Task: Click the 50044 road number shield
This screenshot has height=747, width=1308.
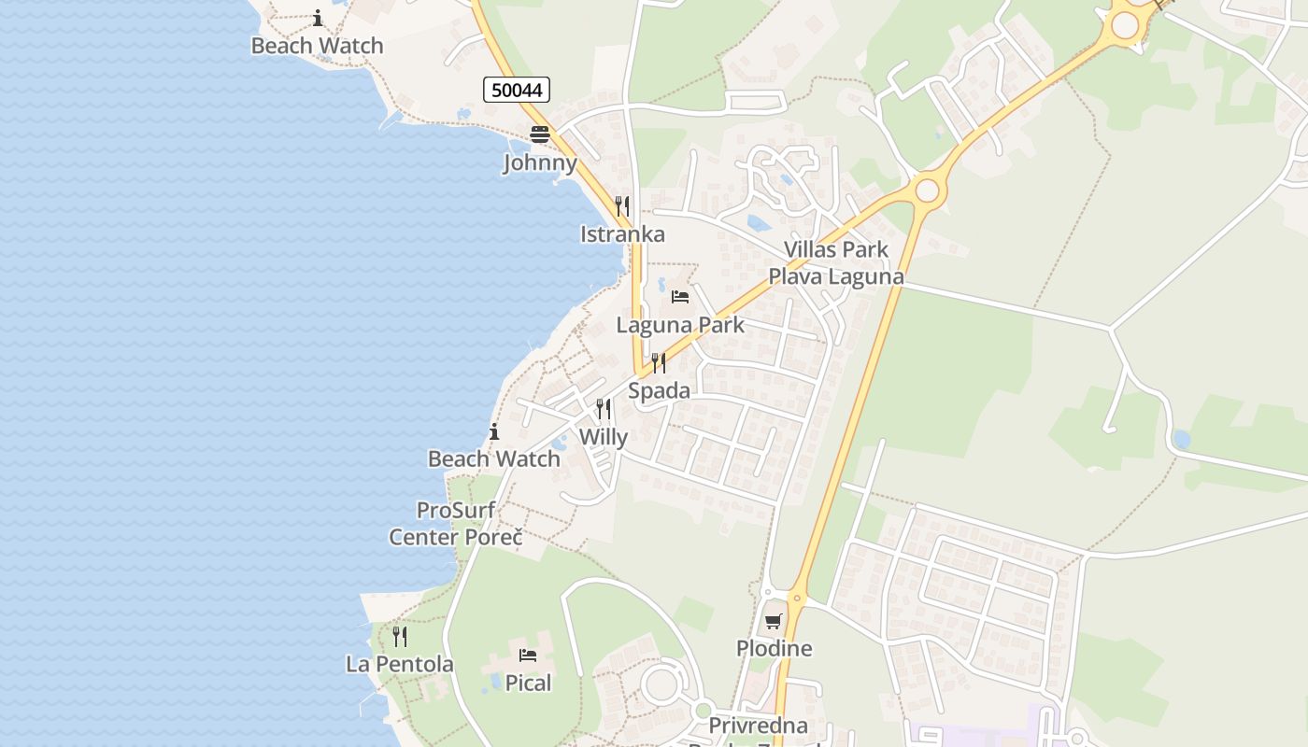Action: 517,90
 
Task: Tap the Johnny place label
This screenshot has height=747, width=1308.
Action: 540,162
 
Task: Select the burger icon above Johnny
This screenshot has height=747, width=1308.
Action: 540,134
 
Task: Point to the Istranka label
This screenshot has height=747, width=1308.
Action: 622,234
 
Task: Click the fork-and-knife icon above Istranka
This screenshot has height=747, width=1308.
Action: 622,205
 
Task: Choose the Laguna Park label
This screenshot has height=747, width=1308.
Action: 680,325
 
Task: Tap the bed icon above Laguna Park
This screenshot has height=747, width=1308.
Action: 680,297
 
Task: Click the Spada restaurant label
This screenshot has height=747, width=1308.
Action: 659,390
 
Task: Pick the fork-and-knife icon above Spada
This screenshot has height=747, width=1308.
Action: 659,362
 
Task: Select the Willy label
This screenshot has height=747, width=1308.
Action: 604,437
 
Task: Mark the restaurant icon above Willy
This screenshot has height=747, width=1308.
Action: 604,409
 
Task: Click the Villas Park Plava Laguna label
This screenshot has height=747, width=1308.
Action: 836,263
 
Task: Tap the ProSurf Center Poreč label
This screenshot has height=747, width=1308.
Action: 456,524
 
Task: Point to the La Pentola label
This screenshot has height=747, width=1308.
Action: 400,665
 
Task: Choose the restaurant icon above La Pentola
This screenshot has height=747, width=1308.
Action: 400,637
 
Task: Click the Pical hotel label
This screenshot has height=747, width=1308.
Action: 529,684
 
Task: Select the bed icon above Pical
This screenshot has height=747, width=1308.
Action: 528,655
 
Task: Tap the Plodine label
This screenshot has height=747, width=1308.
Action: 774,648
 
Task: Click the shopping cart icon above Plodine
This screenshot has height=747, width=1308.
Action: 774,621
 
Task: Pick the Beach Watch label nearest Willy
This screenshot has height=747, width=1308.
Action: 494,458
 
